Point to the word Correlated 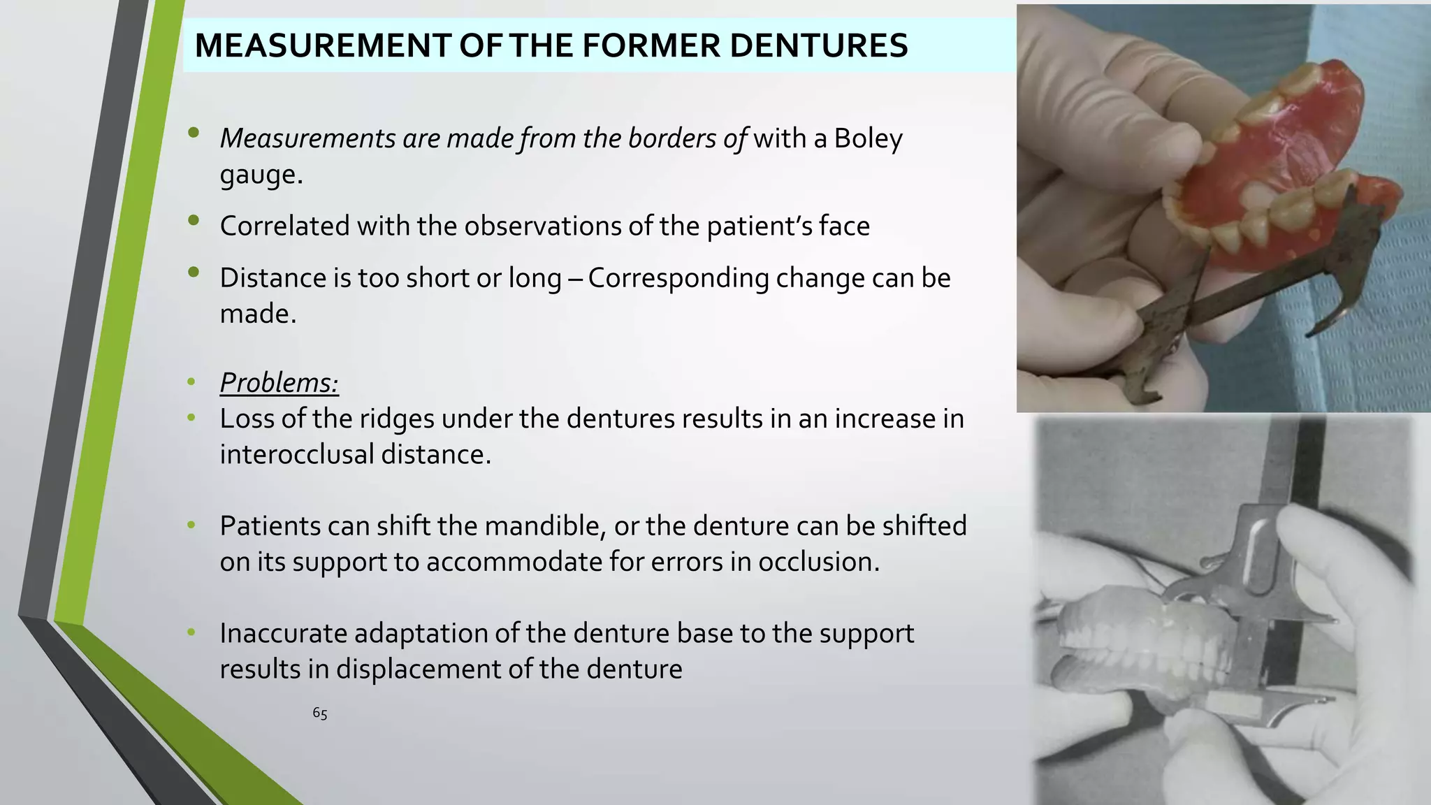(x=284, y=226)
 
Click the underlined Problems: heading (x=279, y=383)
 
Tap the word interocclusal (x=296, y=455)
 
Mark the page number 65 (x=320, y=713)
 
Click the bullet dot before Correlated (x=194, y=222)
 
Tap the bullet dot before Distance (x=194, y=273)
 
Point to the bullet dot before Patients (x=191, y=524)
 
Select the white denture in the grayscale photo (x=1146, y=643)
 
